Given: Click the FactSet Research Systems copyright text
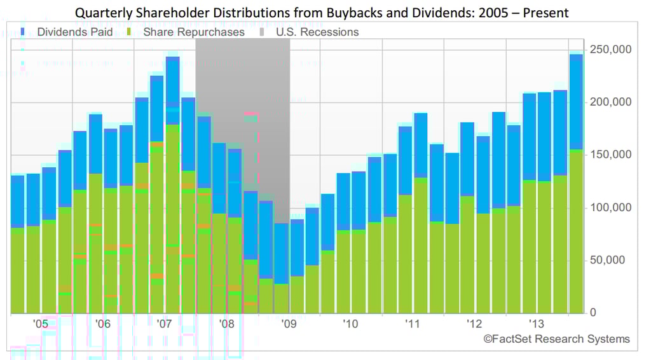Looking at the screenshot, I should (x=556, y=339).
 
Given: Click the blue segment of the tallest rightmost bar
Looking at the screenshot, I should (x=576, y=102).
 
